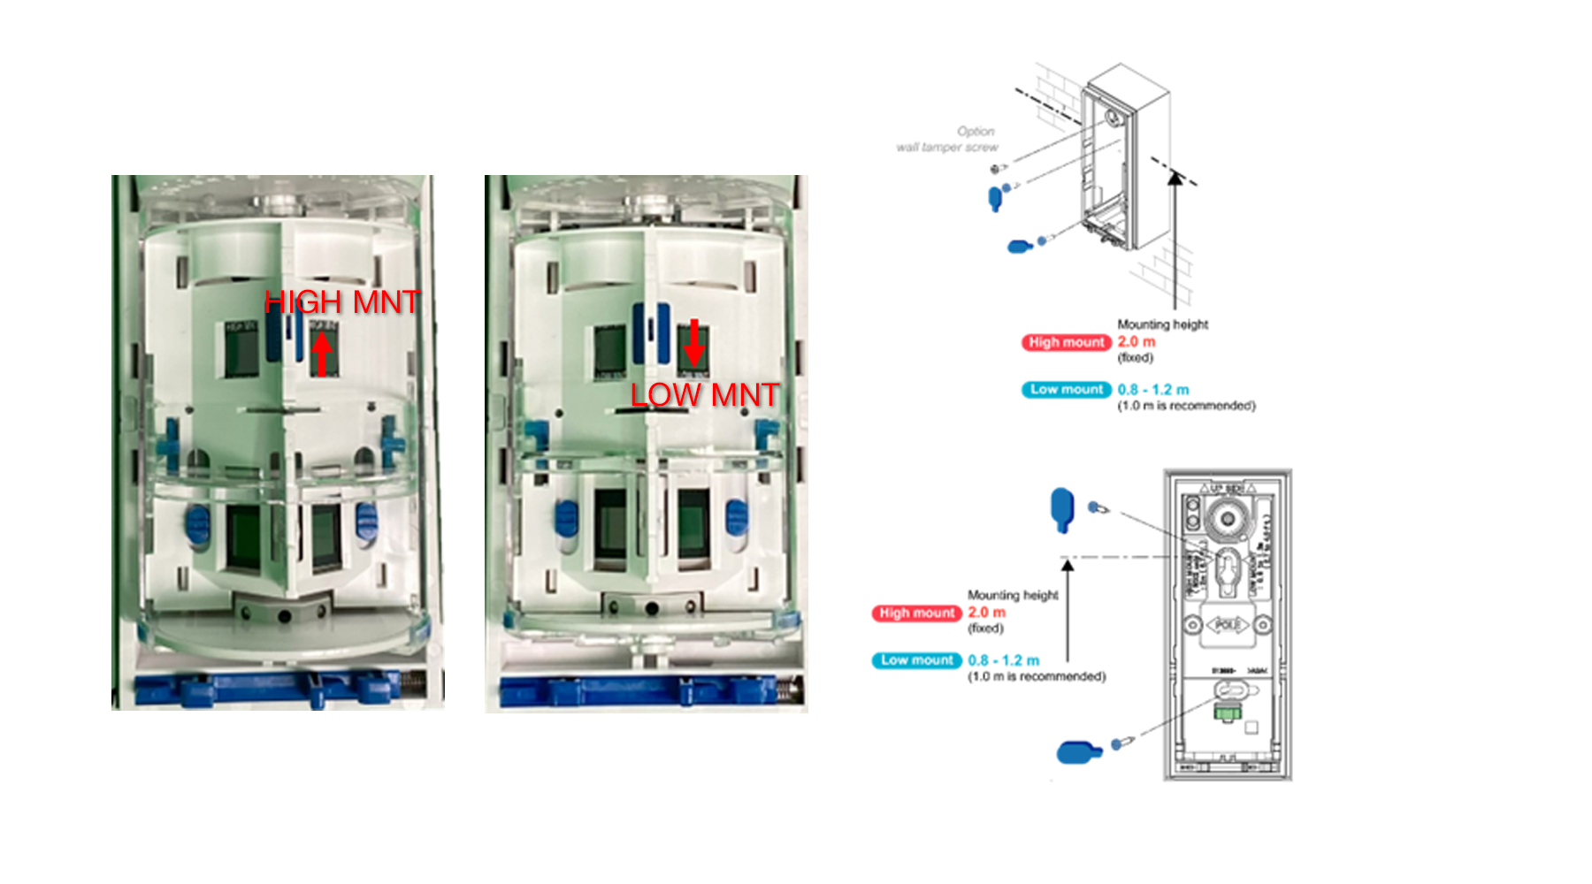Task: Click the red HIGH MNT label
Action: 341,302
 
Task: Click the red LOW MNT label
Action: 704,394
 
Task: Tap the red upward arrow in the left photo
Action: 322,352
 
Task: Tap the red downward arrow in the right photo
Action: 694,342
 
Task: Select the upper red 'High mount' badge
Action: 1067,342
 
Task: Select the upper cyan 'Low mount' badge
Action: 1067,389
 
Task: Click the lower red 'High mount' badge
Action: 917,613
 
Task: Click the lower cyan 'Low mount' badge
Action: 917,659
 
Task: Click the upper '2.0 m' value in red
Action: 1137,341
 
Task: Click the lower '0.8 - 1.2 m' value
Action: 1004,660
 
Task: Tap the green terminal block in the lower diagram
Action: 1226,712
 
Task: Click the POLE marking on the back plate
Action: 1228,625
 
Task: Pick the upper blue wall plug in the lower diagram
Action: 1061,509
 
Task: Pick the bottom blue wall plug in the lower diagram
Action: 1079,752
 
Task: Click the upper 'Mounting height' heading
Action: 1162,324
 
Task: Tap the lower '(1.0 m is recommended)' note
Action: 1037,676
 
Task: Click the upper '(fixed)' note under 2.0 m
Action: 1136,357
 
